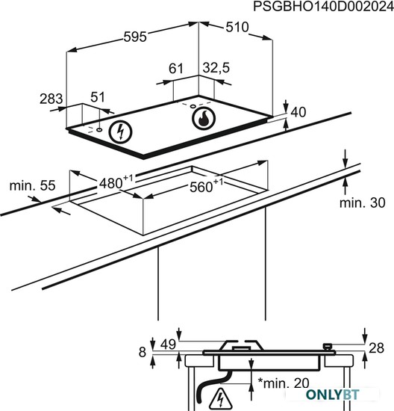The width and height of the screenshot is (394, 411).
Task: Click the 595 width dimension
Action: coord(135,37)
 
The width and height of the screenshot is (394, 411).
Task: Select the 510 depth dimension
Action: coord(237,27)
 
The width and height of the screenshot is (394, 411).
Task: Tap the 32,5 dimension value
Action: coord(216,68)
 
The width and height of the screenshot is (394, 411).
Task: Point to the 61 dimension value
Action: coord(175,69)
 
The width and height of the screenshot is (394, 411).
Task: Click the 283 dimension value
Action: coord(51,99)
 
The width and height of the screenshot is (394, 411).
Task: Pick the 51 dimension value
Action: coord(98,97)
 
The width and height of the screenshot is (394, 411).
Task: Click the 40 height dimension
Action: coord(298,112)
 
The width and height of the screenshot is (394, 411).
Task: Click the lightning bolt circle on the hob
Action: coord(120,132)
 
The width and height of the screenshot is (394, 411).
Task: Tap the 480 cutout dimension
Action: coord(116,182)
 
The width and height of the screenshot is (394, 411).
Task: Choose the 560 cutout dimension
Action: coord(206,185)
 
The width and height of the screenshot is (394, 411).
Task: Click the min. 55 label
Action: coord(33,185)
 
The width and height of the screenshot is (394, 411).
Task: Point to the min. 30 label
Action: coord(363,203)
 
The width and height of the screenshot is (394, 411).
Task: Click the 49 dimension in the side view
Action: coord(168,344)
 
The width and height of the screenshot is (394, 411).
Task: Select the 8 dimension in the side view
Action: coord(143,352)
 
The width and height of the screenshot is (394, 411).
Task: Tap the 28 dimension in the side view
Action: coord(376,348)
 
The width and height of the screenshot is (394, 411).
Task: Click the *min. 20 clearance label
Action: coord(284,383)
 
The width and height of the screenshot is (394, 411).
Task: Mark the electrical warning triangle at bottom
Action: coord(221,399)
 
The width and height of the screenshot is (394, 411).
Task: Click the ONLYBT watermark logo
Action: coord(333,395)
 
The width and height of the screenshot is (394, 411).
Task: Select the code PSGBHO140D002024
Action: coord(324,7)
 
